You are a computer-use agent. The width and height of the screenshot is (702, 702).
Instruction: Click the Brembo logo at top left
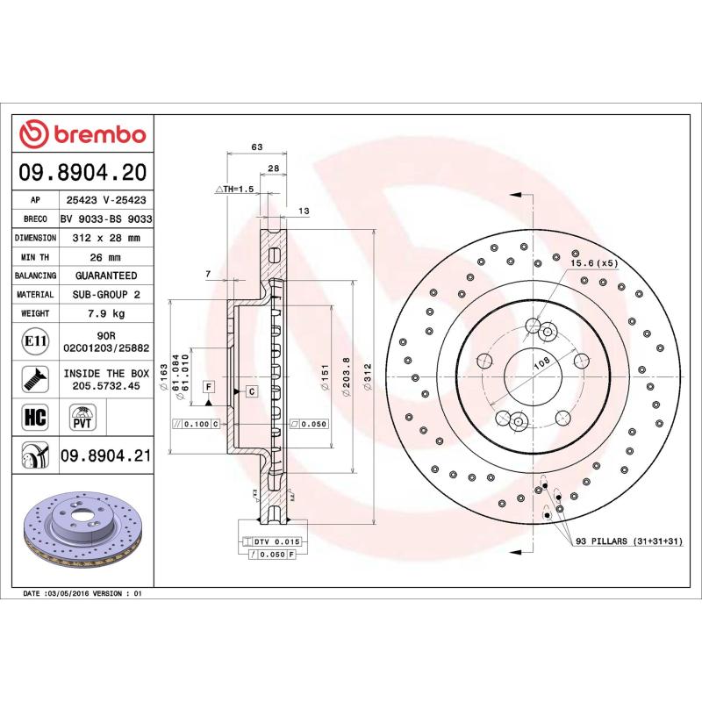click(x=82, y=134)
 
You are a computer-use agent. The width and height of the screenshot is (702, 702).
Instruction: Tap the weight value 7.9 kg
click(x=108, y=313)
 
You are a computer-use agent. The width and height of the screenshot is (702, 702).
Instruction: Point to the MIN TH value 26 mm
click(x=108, y=257)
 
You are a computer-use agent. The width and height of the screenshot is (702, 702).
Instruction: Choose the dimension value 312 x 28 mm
click(x=108, y=238)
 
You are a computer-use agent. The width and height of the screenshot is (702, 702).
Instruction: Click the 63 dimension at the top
click(x=257, y=147)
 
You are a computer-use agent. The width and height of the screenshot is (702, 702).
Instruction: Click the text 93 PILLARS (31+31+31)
click(x=627, y=542)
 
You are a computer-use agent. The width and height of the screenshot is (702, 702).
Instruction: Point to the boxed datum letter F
click(x=209, y=386)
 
